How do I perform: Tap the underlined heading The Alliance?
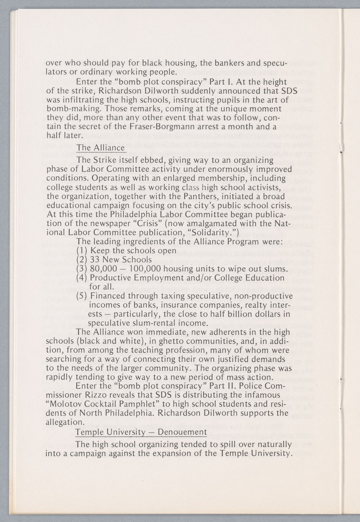[101, 148]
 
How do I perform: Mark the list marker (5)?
[82, 296]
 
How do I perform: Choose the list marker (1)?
[82, 251]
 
